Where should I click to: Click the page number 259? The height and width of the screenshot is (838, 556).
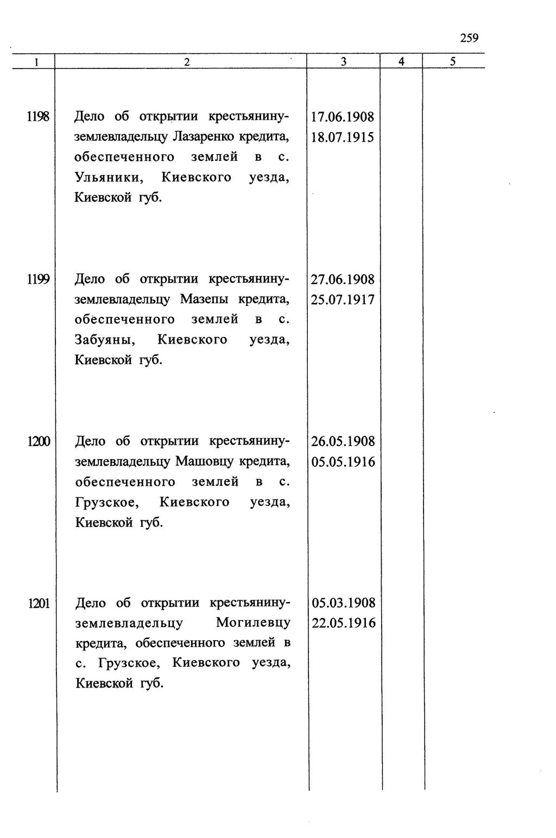tap(469, 38)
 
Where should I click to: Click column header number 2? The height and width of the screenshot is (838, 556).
tap(186, 62)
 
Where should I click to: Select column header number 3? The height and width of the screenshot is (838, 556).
tap(344, 62)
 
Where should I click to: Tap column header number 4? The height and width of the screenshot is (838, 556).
tap(401, 62)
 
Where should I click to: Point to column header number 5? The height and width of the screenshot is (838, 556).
tap(453, 61)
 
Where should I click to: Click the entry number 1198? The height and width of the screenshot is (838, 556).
tap(39, 116)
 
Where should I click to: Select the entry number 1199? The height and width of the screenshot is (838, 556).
tap(39, 279)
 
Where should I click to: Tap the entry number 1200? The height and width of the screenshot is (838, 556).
tap(39, 441)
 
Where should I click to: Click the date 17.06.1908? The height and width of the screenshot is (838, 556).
tap(343, 117)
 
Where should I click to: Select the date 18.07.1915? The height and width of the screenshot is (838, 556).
tap(343, 137)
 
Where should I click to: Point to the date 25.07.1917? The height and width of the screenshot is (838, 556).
tap(343, 299)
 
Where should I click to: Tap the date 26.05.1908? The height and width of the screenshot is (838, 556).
tap(343, 441)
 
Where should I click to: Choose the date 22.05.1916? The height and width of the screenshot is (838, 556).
tap(344, 623)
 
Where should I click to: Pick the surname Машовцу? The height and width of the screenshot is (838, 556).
tap(204, 461)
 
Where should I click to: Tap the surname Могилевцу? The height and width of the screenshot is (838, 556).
tap(253, 623)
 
